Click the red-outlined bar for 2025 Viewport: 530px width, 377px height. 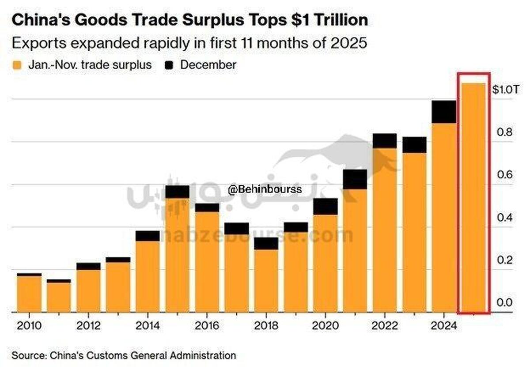[473, 196]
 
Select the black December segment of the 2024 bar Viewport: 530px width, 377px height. [444, 112]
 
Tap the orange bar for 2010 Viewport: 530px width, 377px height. [29, 294]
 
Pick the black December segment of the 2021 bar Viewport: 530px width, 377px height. [355, 179]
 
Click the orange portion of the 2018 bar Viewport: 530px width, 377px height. [266, 280]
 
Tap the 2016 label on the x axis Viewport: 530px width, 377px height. [207, 326]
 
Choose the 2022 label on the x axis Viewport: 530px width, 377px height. [384, 326]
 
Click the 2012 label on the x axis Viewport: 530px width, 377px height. [88, 326]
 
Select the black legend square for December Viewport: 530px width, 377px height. [169, 65]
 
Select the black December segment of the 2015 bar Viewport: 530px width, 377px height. [177, 192]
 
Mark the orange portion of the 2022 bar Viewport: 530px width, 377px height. [384, 230]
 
